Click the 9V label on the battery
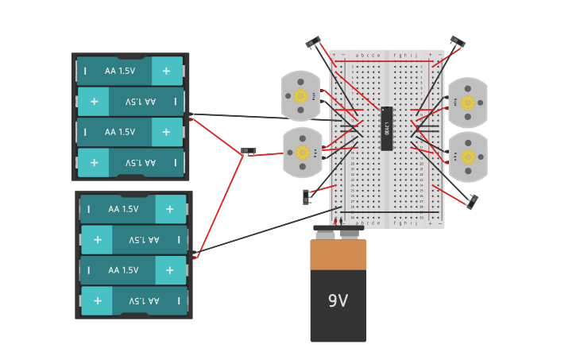click(338, 301)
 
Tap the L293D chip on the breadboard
click(387, 128)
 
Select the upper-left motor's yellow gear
click(300, 96)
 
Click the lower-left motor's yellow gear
click(302, 153)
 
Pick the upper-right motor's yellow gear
click(468, 103)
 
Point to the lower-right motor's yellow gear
click(468, 157)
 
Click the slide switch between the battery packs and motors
click(249, 151)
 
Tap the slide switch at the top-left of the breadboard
click(313, 42)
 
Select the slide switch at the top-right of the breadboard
click(457, 41)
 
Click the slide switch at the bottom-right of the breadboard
click(472, 202)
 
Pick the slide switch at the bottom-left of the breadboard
click(306, 196)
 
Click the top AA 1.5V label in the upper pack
click(120, 71)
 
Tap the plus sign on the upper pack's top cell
click(166, 71)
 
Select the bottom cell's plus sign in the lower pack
click(98, 301)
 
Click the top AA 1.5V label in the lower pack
click(123, 209)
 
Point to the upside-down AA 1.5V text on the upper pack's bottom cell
click(140, 162)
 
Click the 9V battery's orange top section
click(338, 255)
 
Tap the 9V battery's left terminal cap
click(325, 234)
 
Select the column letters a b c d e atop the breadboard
click(368, 56)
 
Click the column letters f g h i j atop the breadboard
click(405, 56)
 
